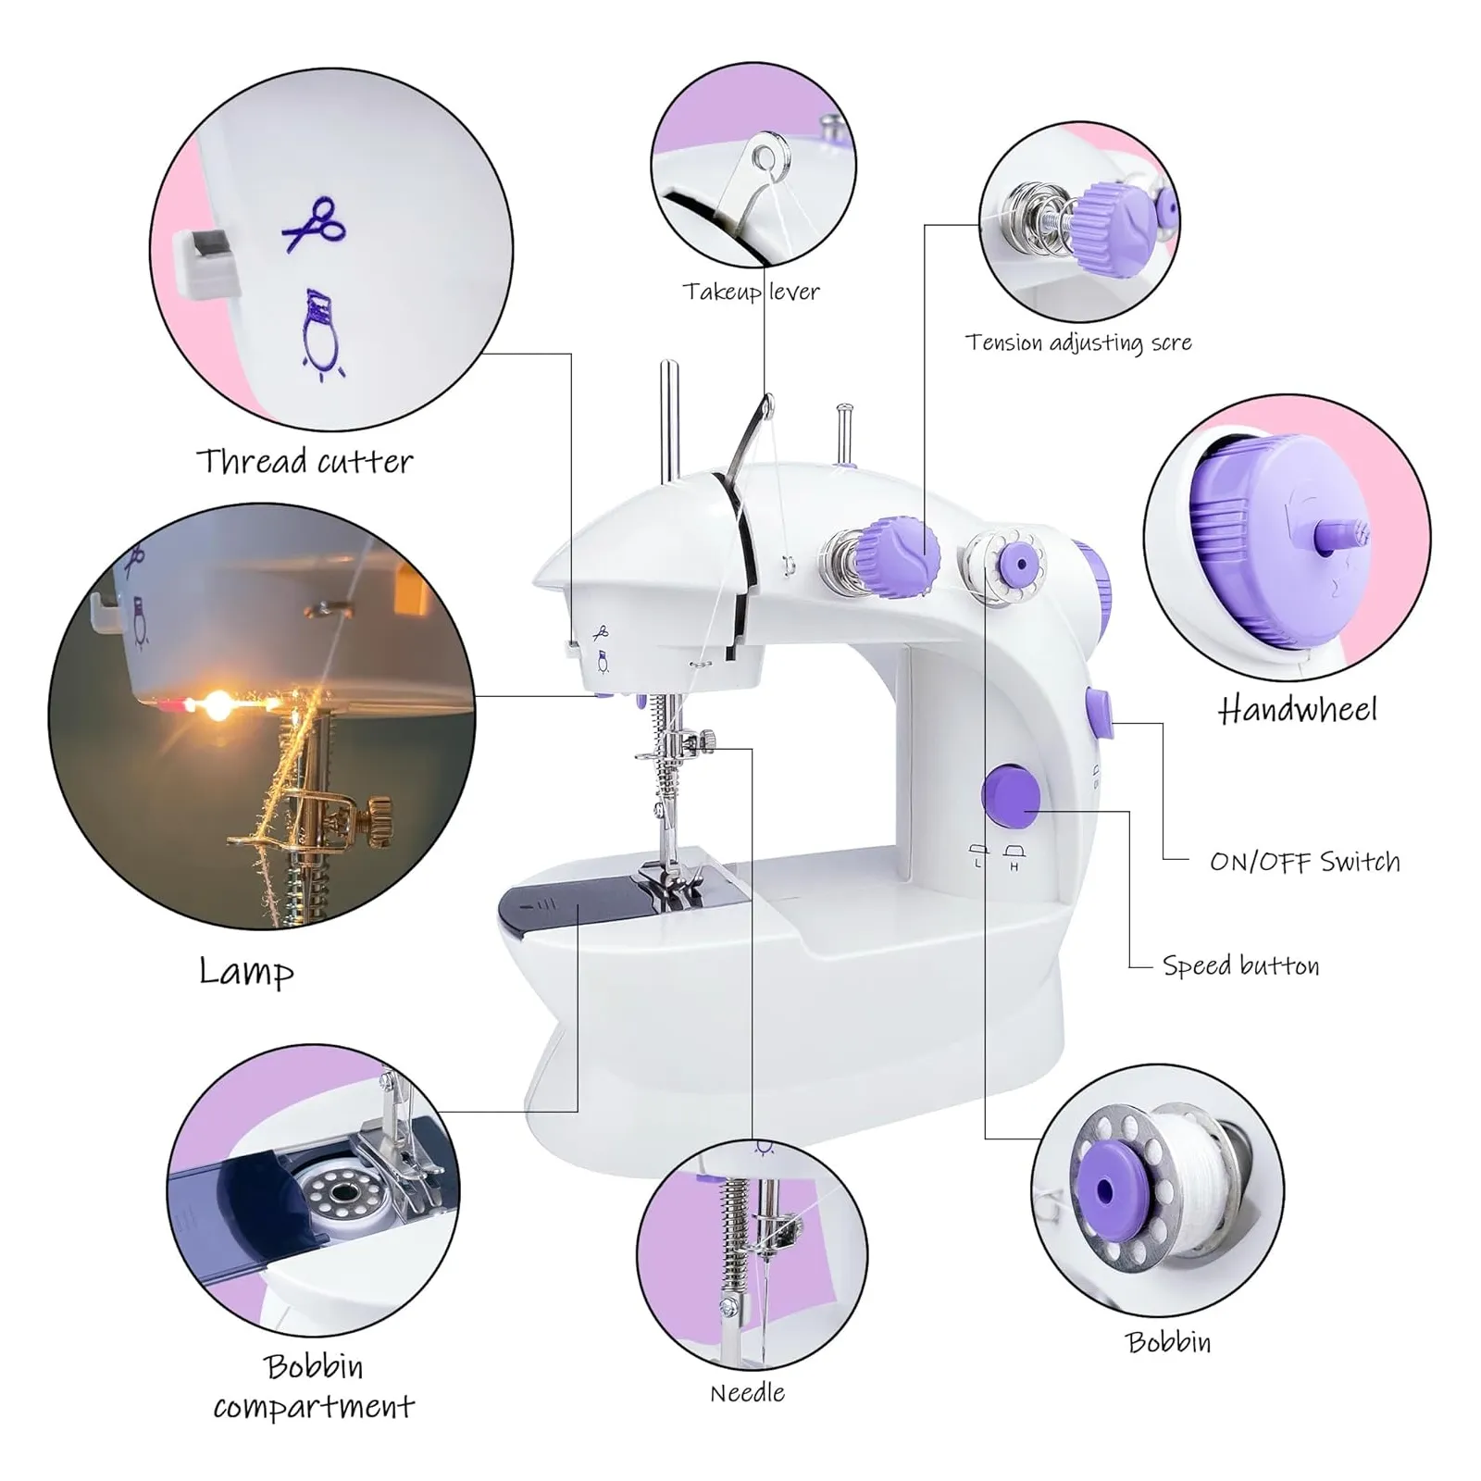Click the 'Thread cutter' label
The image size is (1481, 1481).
pos(305,461)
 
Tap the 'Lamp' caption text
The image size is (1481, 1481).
pos(246,971)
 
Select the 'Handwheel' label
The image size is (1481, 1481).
pos(1298,710)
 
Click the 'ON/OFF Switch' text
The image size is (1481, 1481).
pos(1304,862)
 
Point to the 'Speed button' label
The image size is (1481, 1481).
pos(1240,965)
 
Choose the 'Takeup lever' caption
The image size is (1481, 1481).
pos(751,292)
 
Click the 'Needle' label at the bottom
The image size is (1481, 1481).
pos(747,1393)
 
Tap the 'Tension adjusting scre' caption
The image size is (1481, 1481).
pos(1078,342)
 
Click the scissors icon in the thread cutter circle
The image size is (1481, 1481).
pos(314,223)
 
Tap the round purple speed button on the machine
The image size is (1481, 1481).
pos(1011,795)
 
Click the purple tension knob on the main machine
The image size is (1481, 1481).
pos(896,556)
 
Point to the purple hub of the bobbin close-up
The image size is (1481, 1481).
pos(1105,1189)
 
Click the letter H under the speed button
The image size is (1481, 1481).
pos(1014,867)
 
